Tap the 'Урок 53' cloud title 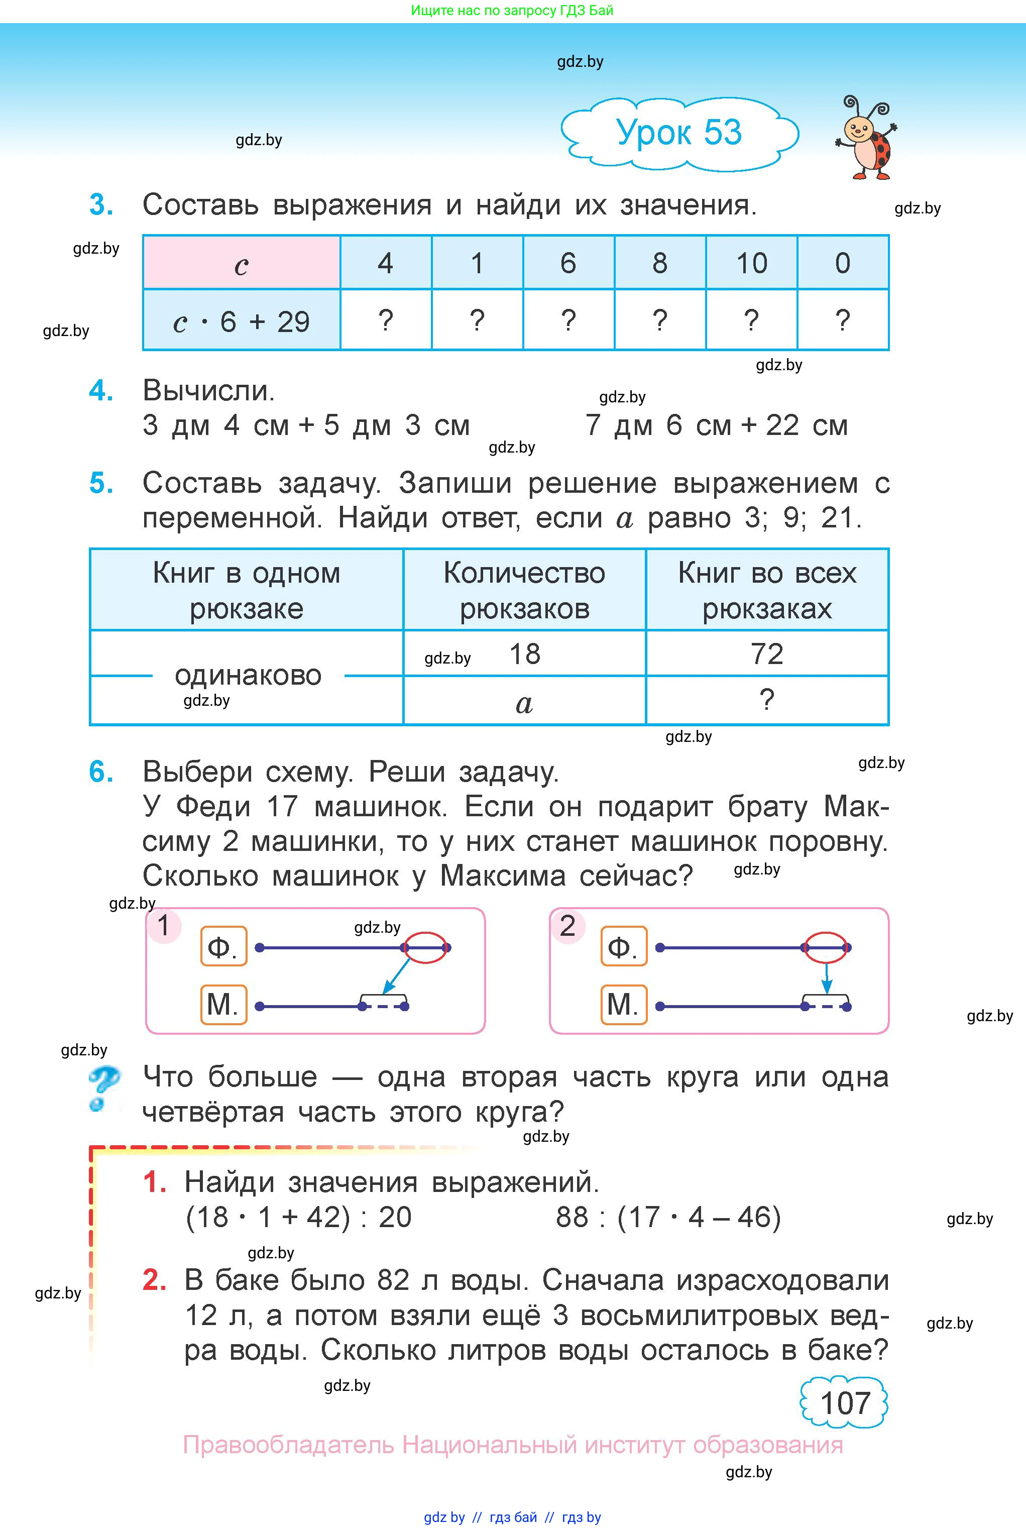pos(679,133)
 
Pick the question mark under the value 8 pos(659,320)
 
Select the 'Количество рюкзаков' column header pos(524,590)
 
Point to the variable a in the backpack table pos(524,703)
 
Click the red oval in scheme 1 pos(426,947)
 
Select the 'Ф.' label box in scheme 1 pos(223,946)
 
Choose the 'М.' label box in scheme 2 pos(623,1005)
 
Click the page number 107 pos(845,1403)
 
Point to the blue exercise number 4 pos(101,391)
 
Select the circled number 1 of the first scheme pos(164,925)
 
